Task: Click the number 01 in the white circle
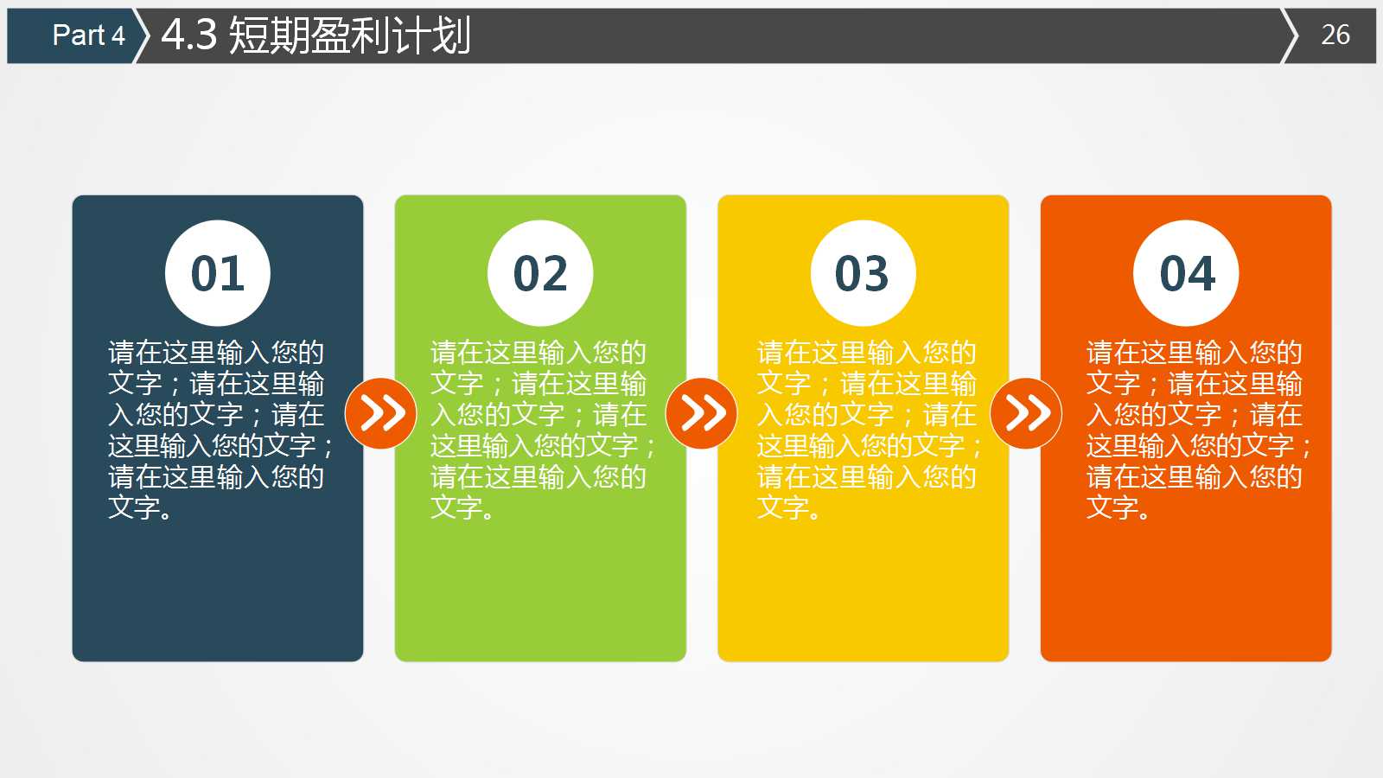(218, 273)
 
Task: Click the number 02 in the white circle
(540, 273)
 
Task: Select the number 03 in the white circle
(863, 273)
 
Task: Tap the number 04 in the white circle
(1187, 273)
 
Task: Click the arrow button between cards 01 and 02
(381, 413)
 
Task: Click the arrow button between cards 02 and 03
(702, 413)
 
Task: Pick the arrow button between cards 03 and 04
(1026, 413)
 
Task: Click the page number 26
(1335, 35)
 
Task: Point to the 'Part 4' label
(88, 35)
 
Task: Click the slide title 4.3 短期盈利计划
(316, 35)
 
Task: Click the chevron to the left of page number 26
(1290, 35)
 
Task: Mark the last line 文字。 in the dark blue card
(140, 507)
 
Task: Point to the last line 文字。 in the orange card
(1119, 507)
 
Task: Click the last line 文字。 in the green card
(462, 507)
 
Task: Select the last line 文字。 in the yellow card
(788, 507)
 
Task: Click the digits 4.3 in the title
(188, 35)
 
